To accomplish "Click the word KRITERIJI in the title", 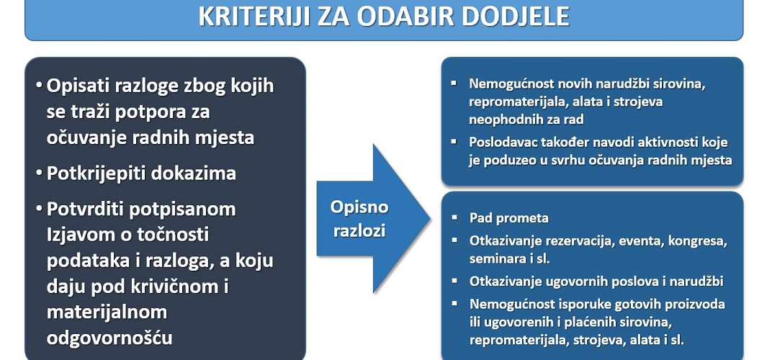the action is click(x=254, y=17).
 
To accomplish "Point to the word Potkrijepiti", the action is click(x=97, y=174).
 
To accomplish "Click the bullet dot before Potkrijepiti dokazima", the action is click(x=39, y=174).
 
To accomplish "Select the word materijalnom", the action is click(x=107, y=312).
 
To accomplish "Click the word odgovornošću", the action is click(x=109, y=338).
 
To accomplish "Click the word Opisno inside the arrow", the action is click(x=359, y=207).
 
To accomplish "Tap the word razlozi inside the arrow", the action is click(x=359, y=230).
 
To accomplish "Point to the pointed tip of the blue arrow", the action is click(x=430, y=219).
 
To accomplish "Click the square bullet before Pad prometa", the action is click(x=454, y=217).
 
